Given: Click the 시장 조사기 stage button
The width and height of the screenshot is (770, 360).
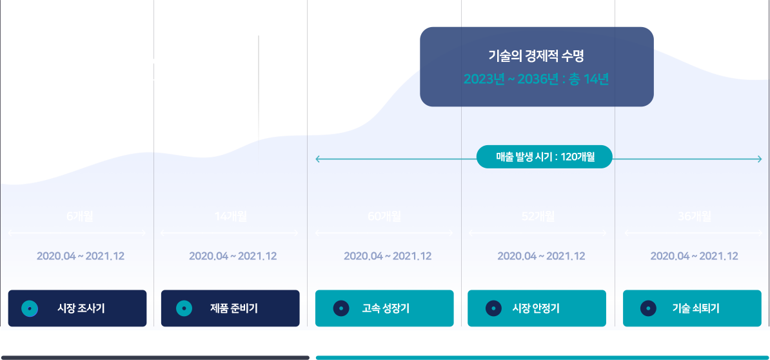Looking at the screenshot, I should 77,308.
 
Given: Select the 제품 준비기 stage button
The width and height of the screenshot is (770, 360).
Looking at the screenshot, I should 230,308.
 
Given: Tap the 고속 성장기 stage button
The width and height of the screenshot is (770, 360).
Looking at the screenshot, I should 384,308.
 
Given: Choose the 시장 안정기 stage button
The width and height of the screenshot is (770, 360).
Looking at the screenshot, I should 537,308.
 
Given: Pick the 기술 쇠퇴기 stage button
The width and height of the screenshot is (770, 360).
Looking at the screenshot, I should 692,308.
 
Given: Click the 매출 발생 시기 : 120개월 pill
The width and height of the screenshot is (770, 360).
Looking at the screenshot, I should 545,157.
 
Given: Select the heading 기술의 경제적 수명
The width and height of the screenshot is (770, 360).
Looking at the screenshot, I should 536,56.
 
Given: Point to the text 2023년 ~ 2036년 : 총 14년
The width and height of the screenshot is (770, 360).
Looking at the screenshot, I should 536,79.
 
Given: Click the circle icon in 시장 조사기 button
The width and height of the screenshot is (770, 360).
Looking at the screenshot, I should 30,309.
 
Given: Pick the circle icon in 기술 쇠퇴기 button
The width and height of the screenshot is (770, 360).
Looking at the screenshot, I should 648,309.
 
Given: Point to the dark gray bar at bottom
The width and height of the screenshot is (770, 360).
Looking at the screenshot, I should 155,357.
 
